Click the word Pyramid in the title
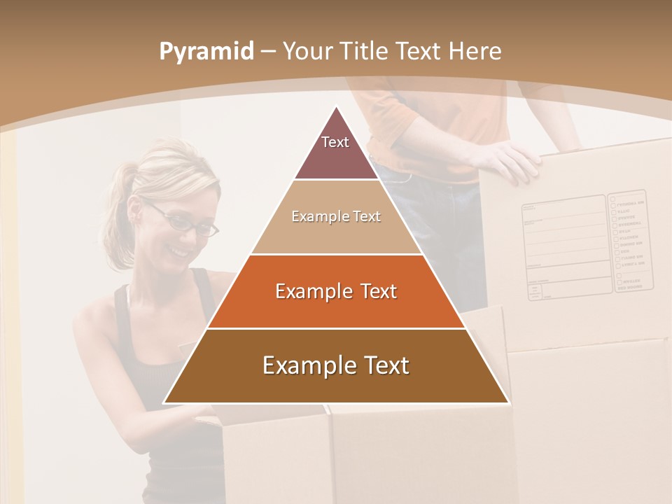(206, 51)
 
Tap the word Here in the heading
(475, 51)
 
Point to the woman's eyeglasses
(185, 220)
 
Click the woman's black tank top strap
(122, 308)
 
